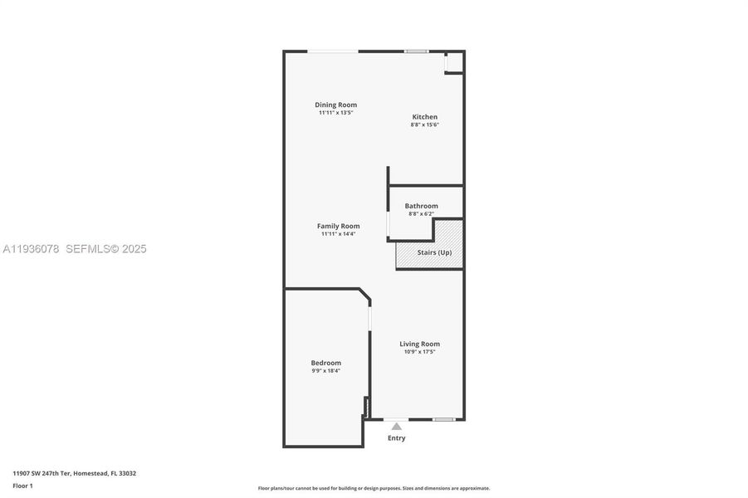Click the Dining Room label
pos(335,105)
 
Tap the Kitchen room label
pos(425,117)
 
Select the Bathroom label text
pos(421,206)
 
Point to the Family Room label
pos(338,226)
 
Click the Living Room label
pos(419,344)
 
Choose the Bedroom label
pos(325,363)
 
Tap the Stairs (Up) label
pos(434,252)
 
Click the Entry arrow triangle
pos(397,427)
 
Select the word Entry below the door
pos(397,438)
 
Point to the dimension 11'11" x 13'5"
pos(335,113)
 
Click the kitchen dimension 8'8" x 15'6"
pos(425,125)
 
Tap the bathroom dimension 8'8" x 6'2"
pos(421,214)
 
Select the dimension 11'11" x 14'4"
pos(338,234)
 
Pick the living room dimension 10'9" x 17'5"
pos(419,352)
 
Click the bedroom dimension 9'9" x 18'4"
pos(325,371)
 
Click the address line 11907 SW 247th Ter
pos(74,473)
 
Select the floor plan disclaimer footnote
pos(374,488)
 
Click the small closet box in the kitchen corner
pos(453,63)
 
